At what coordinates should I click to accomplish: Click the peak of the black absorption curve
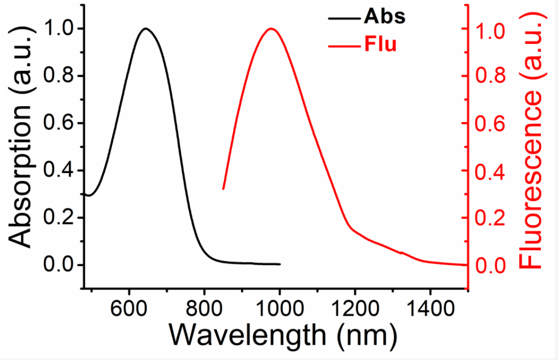(145, 29)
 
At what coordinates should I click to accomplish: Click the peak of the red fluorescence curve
(272, 29)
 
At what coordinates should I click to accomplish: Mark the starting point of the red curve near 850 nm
(223, 189)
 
